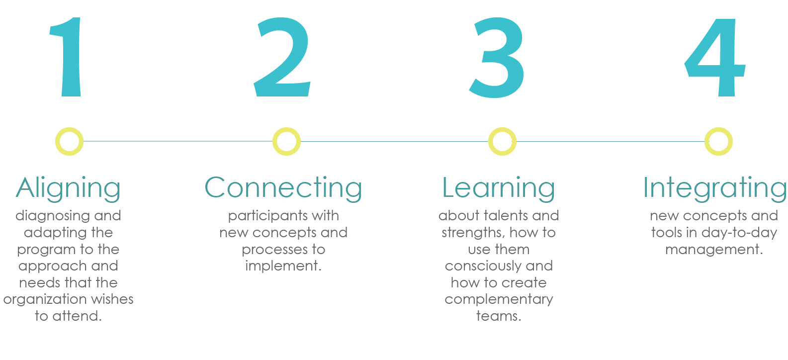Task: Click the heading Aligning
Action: (x=68, y=188)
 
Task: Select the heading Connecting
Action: (x=283, y=188)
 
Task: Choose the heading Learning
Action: (x=499, y=188)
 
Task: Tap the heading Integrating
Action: (x=714, y=188)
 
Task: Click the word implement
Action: (x=283, y=266)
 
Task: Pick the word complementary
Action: (x=499, y=300)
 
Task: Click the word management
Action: (x=714, y=250)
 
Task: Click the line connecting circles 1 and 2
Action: (x=178, y=141)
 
